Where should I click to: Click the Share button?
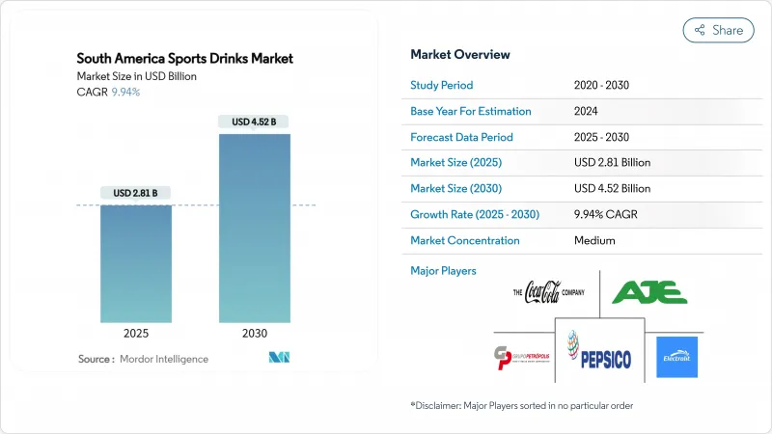[x=719, y=30]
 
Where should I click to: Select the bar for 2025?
[x=137, y=263]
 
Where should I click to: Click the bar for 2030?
[x=255, y=228]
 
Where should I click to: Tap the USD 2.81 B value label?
[x=137, y=194]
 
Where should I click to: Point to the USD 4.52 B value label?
[x=255, y=122]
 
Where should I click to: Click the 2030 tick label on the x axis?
[x=255, y=334]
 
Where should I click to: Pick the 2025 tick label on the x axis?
[x=137, y=334]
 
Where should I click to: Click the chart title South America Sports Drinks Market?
[x=185, y=59]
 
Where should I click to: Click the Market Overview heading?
[x=460, y=54]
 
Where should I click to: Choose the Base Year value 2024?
[x=587, y=111]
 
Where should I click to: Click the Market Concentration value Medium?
[x=593, y=240]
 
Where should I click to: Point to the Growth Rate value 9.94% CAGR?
[x=610, y=214]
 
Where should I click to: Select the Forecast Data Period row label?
[x=461, y=137]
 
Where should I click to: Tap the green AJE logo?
[x=649, y=291]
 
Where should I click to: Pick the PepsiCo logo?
[x=598, y=355]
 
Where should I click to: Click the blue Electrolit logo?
[x=676, y=357]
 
